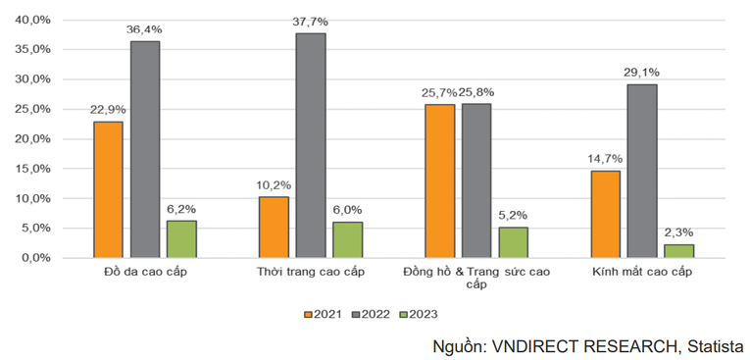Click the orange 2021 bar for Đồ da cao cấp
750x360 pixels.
(109, 189)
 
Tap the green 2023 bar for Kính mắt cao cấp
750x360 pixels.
(678, 250)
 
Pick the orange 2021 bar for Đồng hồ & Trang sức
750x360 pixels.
(439, 180)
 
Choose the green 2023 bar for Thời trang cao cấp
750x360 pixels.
(347, 239)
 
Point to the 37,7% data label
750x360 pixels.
(311, 20)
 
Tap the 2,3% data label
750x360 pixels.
(678, 231)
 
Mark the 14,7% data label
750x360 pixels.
(605, 157)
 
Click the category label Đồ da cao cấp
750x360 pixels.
(144, 272)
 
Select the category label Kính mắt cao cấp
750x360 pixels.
(641, 272)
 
